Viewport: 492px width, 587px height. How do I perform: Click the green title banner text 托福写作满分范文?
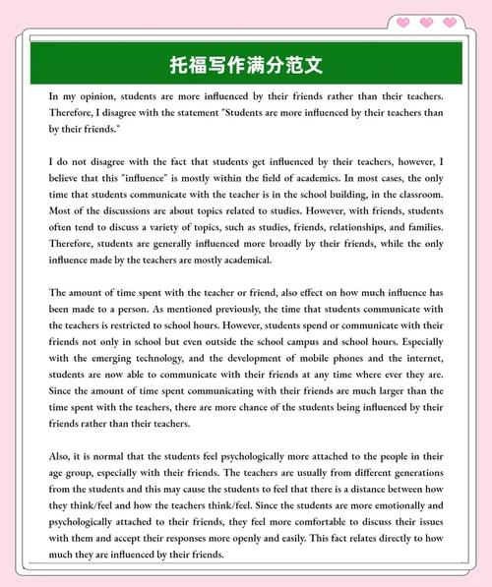(x=246, y=66)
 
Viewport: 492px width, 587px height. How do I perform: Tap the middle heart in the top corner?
(x=426, y=22)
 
